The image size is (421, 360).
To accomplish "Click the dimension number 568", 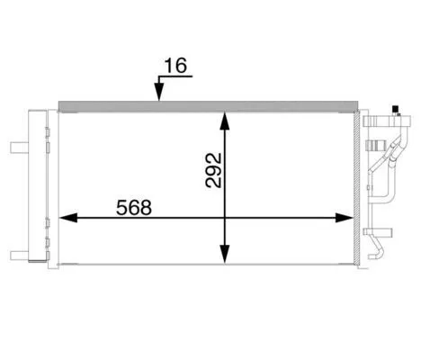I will coord(134,205).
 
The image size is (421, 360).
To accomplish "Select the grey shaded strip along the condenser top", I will coord(207,105).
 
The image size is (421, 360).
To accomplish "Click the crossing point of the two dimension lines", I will coord(224,218).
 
